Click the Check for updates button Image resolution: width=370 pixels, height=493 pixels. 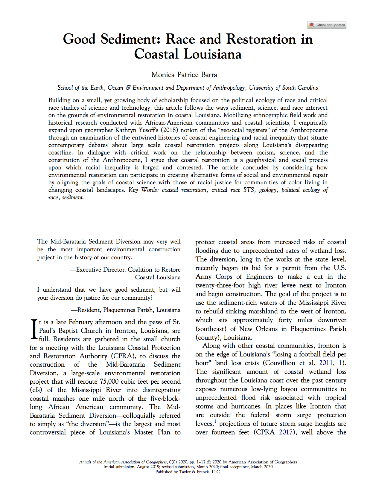(327, 25)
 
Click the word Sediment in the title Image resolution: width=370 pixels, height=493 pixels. (128, 39)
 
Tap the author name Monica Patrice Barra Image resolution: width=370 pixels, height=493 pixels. (184, 75)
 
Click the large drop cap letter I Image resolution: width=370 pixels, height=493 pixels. (34, 330)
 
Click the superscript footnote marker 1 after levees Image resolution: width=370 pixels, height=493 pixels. (215, 422)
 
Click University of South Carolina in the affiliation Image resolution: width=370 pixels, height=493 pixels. (284, 88)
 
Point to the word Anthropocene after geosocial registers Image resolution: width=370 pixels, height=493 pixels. (309, 130)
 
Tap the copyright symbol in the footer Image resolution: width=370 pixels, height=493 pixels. (209, 462)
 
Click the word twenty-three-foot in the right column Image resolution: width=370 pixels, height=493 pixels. (220, 286)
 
